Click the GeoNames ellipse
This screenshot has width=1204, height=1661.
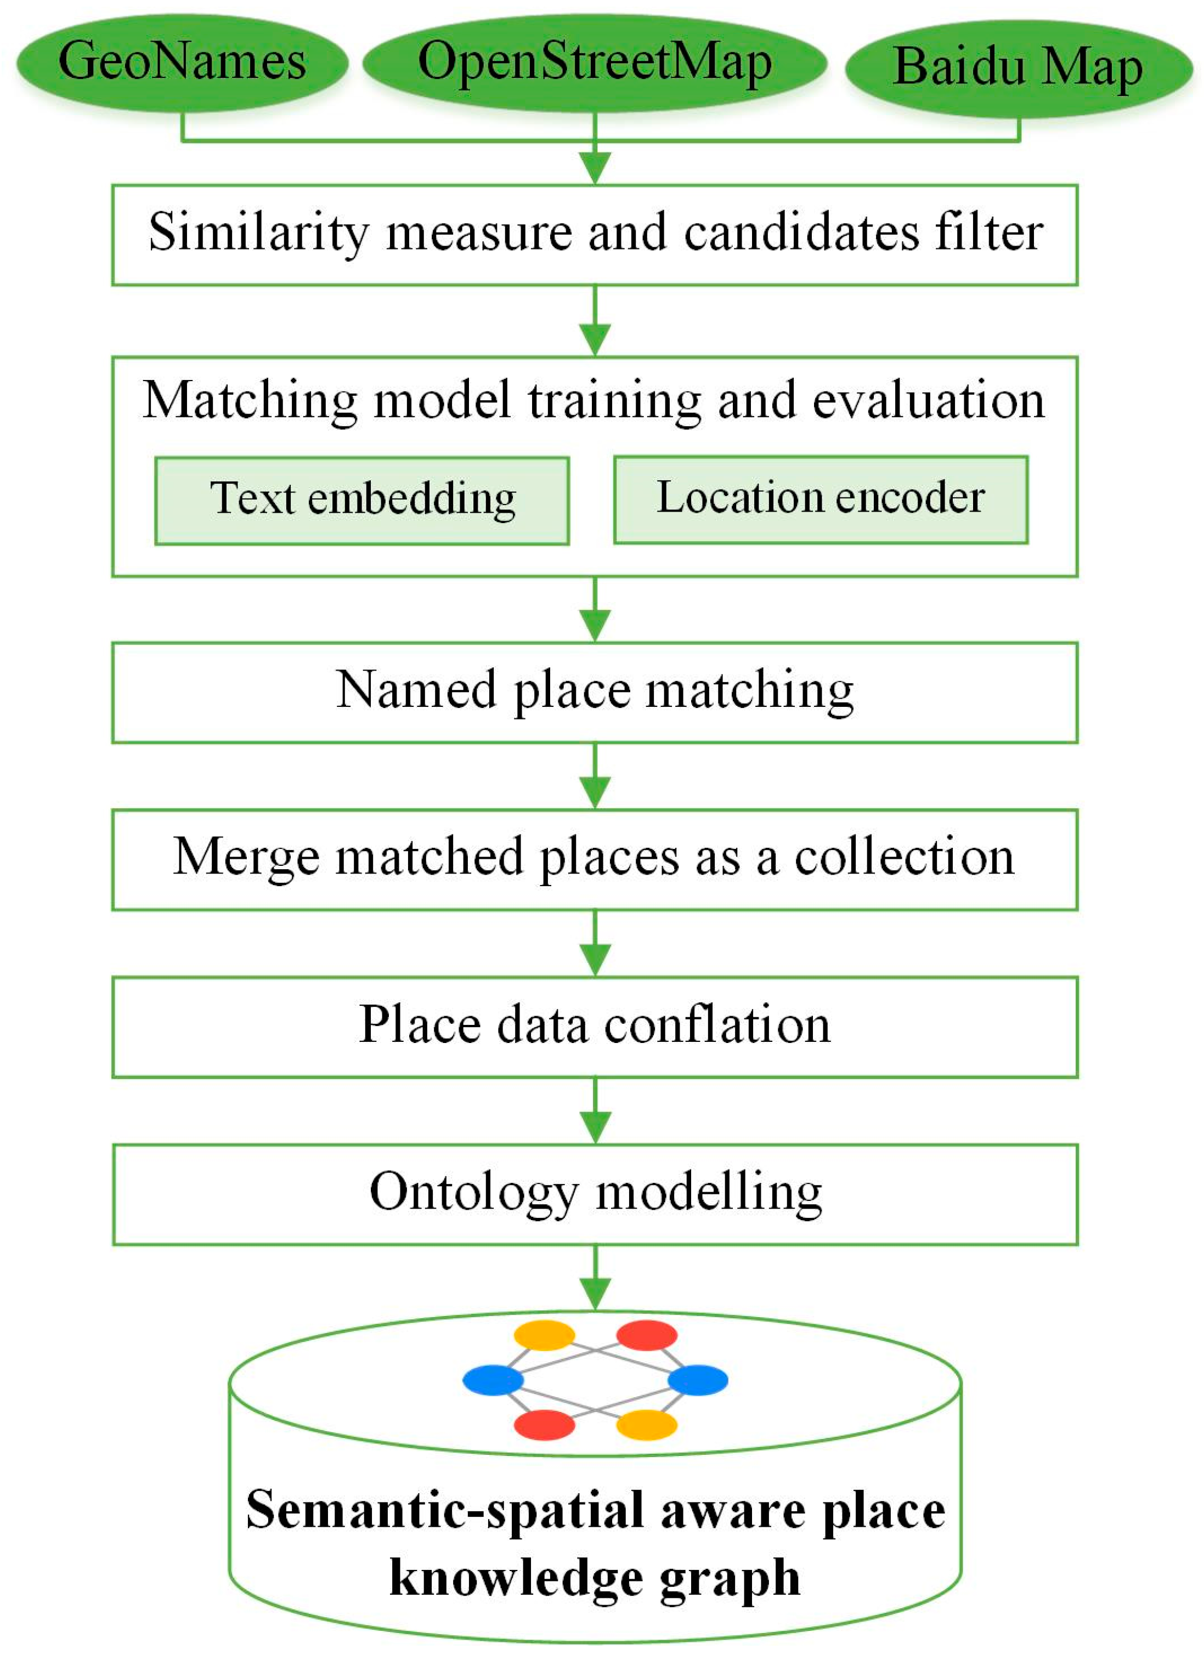coord(182,63)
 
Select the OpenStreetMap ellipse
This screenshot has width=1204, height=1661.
coord(594,63)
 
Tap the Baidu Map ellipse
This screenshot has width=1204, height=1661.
coord(1018,68)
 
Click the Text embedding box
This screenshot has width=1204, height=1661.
coord(362,500)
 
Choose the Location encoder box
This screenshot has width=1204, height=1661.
coord(820,500)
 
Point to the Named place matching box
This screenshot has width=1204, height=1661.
coord(594,692)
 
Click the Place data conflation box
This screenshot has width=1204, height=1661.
coord(594,1026)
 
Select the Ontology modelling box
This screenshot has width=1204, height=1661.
coord(594,1194)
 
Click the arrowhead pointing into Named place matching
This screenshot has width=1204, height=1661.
coord(595,626)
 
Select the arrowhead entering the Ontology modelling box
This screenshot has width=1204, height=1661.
coord(595,1128)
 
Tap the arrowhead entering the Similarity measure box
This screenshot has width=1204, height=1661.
coord(595,168)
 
